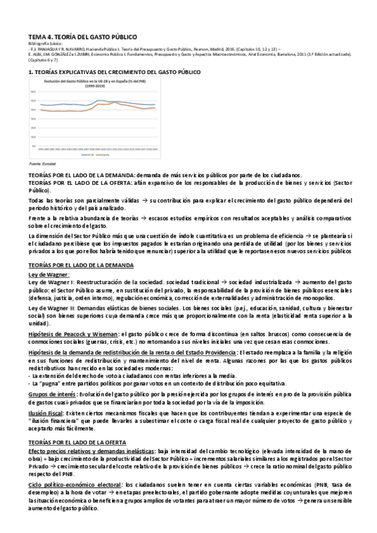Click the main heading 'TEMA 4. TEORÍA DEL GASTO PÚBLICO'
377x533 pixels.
click(x=82, y=38)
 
